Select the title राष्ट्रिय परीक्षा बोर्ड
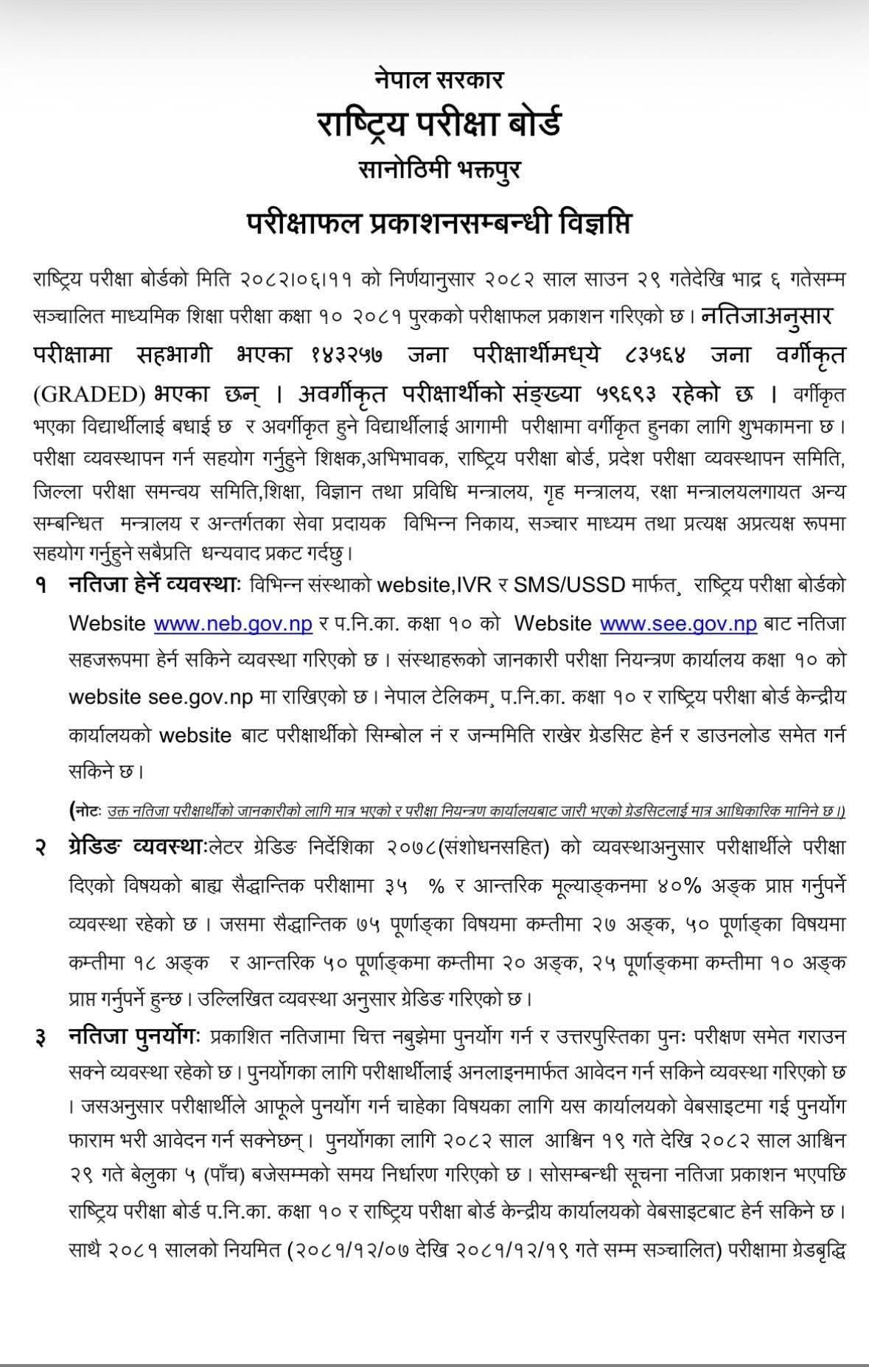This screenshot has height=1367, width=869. point(439,122)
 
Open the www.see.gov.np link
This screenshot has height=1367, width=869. point(678,623)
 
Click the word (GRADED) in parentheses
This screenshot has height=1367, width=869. point(89,395)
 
